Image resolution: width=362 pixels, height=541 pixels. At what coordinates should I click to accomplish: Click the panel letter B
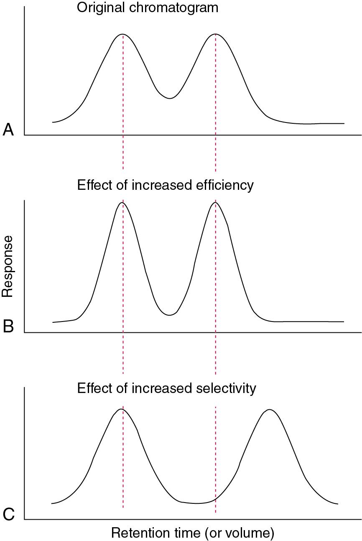(x=8, y=327)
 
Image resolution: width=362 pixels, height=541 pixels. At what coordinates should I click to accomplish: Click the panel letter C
(x=8, y=514)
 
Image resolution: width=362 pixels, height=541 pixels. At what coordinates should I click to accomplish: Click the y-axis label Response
(x=8, y=266)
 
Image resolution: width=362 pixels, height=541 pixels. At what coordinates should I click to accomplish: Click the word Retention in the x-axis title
(x=138, y=533)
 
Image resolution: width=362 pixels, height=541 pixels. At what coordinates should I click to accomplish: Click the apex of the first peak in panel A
(x=122, y=34)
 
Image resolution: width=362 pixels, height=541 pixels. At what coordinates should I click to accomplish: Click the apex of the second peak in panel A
(x=215, y=34)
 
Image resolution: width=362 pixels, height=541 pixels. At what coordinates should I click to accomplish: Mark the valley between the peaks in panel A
(x=169, y=98)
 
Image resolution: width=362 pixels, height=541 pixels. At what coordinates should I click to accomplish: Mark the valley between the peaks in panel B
(x=169, y=315)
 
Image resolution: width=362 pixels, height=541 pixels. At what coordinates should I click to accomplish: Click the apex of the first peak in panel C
(x=121, y=409)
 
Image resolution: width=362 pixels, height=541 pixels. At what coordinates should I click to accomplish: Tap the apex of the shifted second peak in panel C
(x=270, y=409)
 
